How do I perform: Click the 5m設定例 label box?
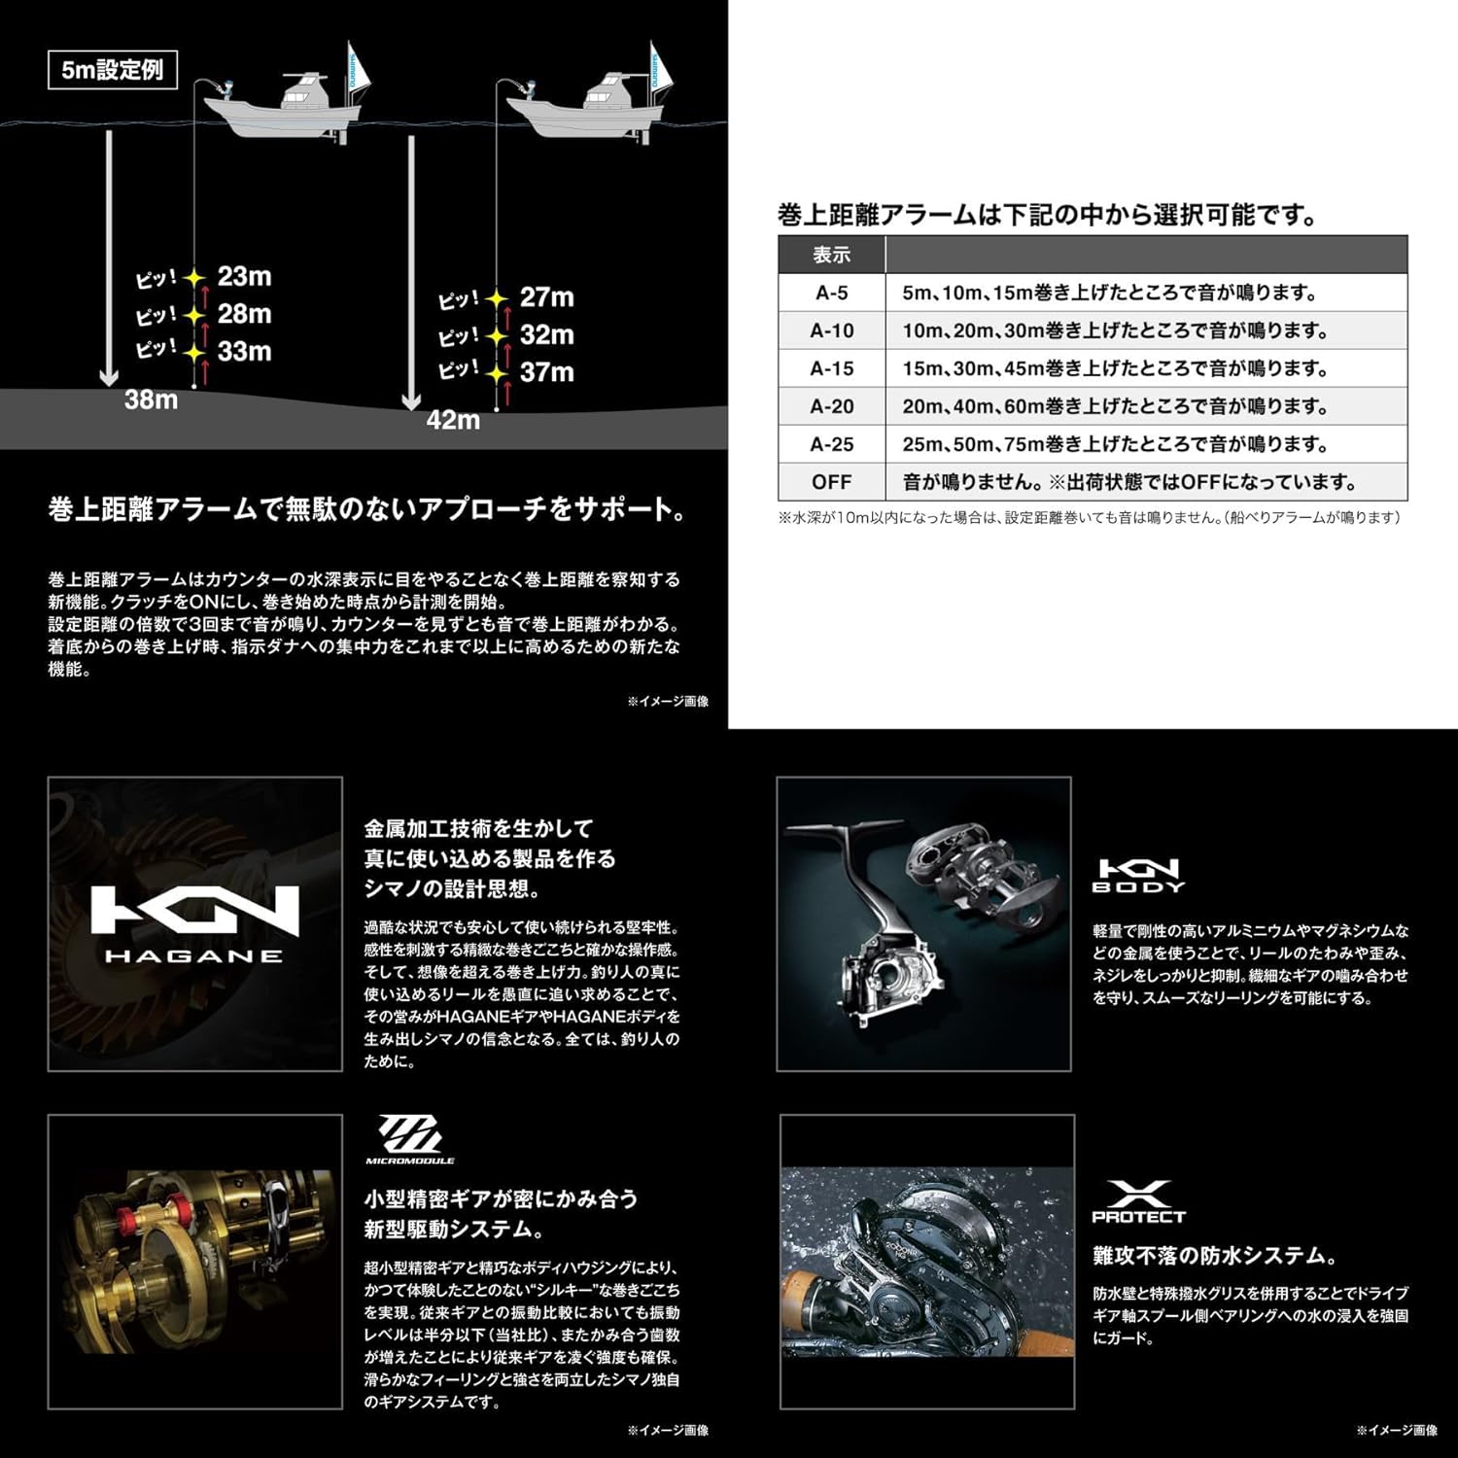(x=113, y=70)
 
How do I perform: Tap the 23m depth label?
(x=244, y=276)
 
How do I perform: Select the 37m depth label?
(x=546, y=372)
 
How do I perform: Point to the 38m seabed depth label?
(x=151, y=399)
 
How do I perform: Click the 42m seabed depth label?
(x=453, y=420)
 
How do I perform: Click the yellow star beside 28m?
(x=195, y=316)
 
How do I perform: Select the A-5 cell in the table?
(x=831, y=293)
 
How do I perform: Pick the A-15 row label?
(x=831, y=368)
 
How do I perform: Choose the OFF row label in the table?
(x=831, y=482)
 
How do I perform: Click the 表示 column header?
(x=831, y=255)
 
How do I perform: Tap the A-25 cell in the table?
(x=831, y=444)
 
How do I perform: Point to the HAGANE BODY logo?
(x=1138, y=875)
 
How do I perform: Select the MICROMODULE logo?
(x=409, y=1139)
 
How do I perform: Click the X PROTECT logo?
(x=1138, y=1202)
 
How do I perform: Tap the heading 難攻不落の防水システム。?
(x=1214, y=1256)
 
